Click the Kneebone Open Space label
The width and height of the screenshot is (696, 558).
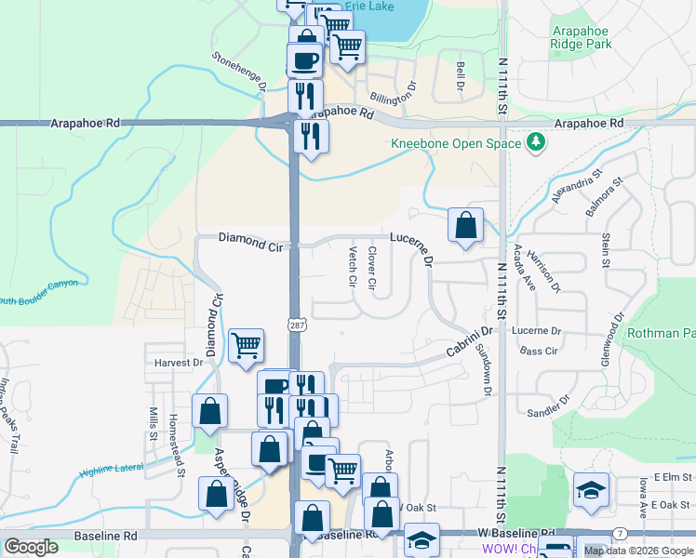[456, 143]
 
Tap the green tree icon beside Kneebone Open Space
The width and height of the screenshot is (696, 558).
[535, 143]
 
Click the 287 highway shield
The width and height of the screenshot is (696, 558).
[296, 325]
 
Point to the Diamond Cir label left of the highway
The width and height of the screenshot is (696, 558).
[249, 238]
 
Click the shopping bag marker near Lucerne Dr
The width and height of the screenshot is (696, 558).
[465, 225]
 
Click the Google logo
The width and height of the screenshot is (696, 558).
[32, 547]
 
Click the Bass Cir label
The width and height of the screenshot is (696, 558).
[539, 351]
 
